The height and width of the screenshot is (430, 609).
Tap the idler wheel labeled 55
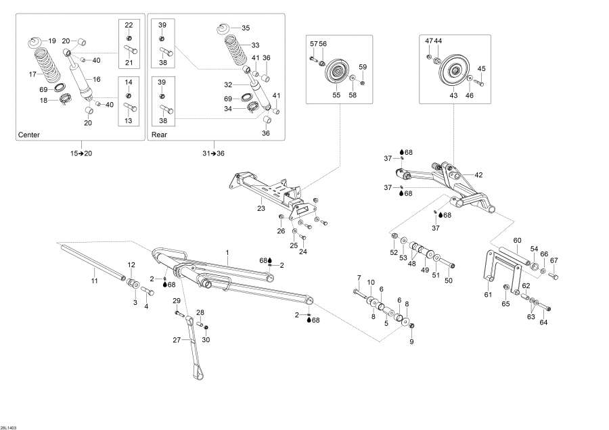tap(336, 72)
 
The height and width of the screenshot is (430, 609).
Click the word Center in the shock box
tap(28, 135)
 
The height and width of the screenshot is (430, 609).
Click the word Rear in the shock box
tap(158, 135)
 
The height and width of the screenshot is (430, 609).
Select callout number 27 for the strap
tap(177, 340)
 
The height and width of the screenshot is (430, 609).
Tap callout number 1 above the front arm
tap(227, 252)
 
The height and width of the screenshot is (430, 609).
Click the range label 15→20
tap(81, 153)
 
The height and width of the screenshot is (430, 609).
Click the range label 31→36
tap(214, 153)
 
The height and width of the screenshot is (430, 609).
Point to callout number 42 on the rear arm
tap(478, 175)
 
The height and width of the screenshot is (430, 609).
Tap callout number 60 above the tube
tap(517, 241)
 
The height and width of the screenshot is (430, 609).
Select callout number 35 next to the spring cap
tap(245, 28)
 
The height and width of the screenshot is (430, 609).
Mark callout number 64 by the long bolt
tap(543, 322)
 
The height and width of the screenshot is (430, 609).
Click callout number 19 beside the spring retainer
tap(53, 41)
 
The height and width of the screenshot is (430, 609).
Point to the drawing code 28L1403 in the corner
tap(9, 426)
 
